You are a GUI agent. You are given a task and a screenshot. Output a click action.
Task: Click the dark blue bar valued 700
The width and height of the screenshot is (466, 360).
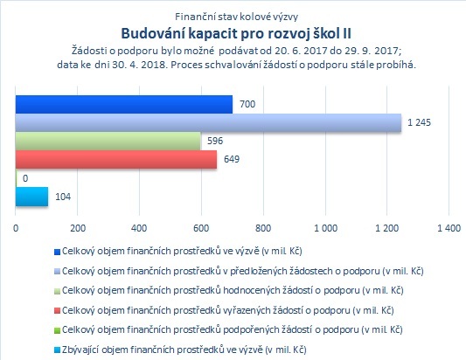pos(124,105)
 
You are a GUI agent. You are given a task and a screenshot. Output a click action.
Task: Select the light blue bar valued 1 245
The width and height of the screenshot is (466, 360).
pos(208,122)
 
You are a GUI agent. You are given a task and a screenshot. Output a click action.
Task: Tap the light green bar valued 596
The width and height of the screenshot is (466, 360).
pos(108,141)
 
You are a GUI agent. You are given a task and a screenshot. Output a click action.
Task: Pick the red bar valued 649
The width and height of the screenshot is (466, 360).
pos(116,160)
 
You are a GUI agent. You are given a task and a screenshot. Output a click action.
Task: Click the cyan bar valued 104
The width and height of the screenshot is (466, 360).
pos(31,197)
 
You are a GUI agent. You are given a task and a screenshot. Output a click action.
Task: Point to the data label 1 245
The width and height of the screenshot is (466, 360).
pos(419,122)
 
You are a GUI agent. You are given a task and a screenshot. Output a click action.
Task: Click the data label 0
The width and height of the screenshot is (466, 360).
pos(25,178)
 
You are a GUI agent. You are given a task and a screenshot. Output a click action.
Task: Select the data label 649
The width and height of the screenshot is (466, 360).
pos(232,159)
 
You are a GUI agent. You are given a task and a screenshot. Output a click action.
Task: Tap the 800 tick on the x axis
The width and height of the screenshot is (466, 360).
pos(263,228)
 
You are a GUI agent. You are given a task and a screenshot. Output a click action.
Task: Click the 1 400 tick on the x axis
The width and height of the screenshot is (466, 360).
pos(449,228)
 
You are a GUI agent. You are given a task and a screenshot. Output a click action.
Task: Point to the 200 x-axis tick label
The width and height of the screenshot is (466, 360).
pos(78,228)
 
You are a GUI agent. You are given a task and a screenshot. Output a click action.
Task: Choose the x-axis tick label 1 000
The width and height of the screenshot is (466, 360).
pos(326,228)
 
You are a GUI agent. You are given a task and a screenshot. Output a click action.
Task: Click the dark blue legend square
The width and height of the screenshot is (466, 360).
pos(57,252)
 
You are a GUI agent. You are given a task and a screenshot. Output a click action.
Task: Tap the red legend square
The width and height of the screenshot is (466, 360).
pos(57,311)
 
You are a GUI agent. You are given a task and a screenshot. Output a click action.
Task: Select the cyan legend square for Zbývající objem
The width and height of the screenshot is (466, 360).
pos(57,350)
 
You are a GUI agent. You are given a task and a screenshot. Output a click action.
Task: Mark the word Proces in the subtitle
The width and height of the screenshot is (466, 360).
pos(185,65)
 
